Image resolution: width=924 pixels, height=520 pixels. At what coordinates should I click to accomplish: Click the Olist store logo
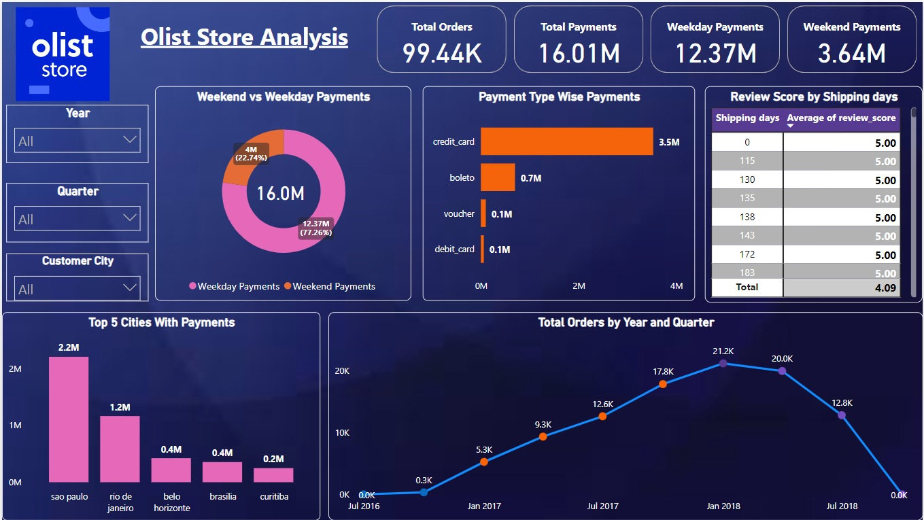63,53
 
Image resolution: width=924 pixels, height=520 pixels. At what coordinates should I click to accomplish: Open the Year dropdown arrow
130,140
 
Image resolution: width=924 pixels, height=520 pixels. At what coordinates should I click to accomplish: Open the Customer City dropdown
77,288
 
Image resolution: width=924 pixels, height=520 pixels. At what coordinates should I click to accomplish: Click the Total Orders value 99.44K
441,53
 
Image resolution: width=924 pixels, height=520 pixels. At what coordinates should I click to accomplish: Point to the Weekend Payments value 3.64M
851,53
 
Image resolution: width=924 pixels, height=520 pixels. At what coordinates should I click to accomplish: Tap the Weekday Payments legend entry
234,286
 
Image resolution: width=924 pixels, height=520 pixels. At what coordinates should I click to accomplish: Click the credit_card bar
566,142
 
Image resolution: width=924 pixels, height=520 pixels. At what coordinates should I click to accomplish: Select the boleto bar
498,177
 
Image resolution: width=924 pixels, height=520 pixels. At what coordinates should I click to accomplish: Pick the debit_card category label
454,249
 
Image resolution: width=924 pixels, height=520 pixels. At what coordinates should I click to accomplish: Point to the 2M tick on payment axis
579,286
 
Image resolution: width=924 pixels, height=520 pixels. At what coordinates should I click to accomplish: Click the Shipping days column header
747,118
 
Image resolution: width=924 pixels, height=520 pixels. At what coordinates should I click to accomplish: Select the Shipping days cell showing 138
747,218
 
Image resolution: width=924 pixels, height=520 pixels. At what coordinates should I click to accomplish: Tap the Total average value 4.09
885,288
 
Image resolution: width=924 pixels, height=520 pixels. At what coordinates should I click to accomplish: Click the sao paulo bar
69,419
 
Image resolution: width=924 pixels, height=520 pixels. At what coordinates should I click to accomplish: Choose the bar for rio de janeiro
120,449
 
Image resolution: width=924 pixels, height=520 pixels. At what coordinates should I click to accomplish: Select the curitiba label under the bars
274,497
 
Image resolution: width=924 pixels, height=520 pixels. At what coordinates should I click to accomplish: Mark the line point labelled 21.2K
723,364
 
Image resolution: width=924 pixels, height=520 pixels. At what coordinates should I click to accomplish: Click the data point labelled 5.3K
484,462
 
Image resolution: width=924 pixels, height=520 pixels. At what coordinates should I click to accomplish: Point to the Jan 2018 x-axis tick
723,506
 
